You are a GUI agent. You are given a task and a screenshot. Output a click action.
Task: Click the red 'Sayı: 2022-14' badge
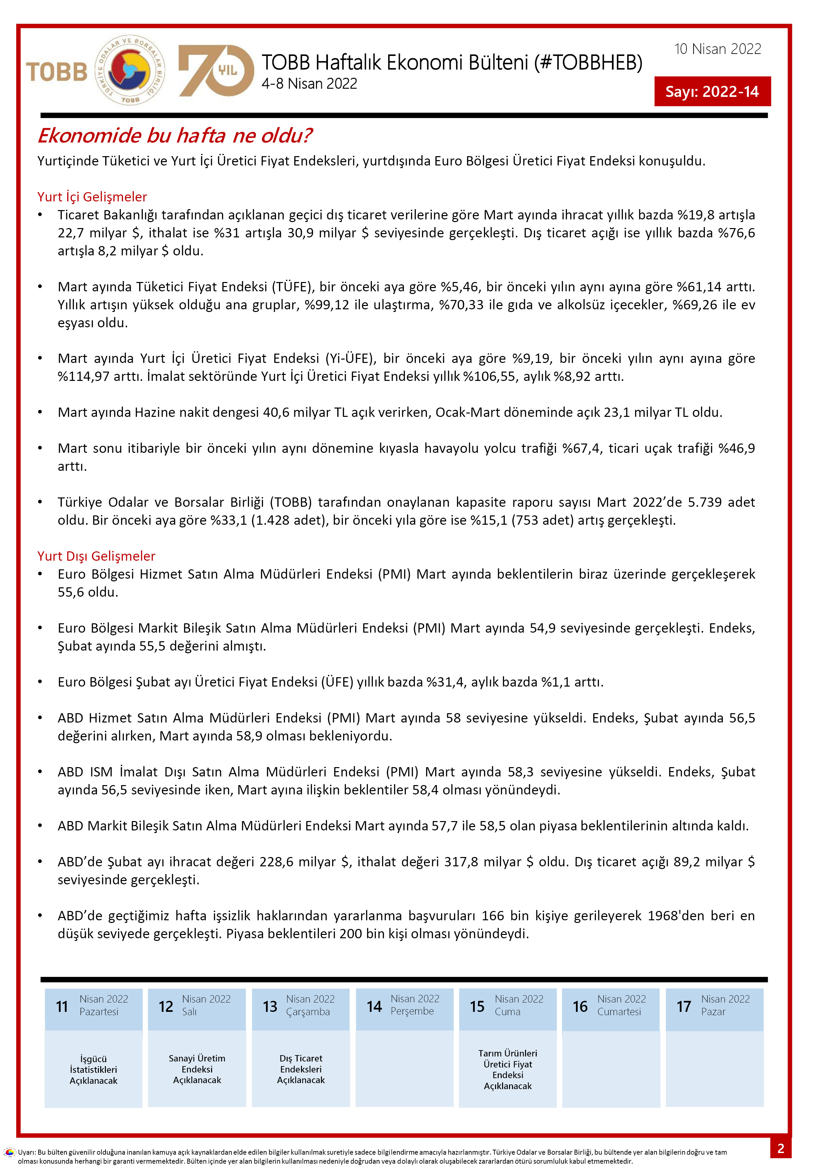(x=712, y=92)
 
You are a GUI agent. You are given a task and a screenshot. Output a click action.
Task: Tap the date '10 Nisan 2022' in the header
(x=717, y=49)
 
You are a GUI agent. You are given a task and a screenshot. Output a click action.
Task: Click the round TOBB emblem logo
(x=130, y=71)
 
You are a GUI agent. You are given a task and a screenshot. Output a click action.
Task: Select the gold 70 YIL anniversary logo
(x=216, y=71)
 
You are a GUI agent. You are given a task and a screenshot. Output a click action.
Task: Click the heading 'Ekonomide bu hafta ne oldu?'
(x=174, y=136)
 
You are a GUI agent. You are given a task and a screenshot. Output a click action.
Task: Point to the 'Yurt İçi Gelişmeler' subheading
(x=92, y=197)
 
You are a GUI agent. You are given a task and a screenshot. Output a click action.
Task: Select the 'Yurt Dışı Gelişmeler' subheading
(x=96, y=556)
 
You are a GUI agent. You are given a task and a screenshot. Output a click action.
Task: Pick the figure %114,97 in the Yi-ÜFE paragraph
(x=84, y=377)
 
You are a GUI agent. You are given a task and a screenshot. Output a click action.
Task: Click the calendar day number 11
(x=62, y=1007)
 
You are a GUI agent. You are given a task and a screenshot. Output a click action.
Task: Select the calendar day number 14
(x=374, y=1007)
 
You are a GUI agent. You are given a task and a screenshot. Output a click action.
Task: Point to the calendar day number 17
(x=684, y=1007)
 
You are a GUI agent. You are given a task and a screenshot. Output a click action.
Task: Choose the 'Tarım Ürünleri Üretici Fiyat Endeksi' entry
(x=508, y=1069)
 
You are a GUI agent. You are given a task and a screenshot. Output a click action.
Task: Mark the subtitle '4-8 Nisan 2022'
(x=309, y=84)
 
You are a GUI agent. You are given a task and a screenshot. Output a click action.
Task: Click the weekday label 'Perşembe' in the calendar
(x=412, y=1011)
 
